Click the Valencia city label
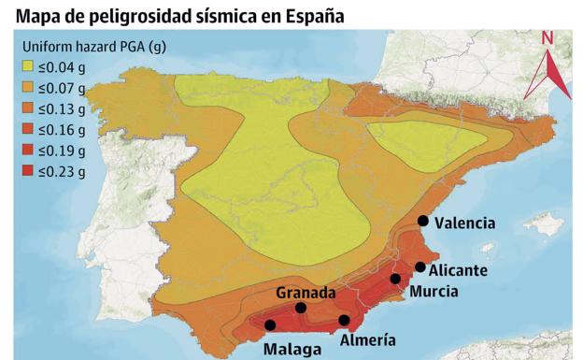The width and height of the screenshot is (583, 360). point(465,223)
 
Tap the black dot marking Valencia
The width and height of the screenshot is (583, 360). point(423,221)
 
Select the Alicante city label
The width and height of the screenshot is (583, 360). point(458,270)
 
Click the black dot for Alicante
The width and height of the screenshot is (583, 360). point(420,267)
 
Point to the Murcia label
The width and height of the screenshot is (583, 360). point(434,292)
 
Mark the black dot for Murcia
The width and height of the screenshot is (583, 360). point(395,279)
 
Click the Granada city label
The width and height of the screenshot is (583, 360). point(305,293)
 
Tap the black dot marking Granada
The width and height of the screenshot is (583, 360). point(301,308)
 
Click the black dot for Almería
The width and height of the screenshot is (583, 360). point(345,321)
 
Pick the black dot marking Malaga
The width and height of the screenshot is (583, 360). point(270,325)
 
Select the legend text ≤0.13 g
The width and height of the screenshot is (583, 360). point(63,109)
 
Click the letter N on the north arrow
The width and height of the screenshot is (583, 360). point(547,38)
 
